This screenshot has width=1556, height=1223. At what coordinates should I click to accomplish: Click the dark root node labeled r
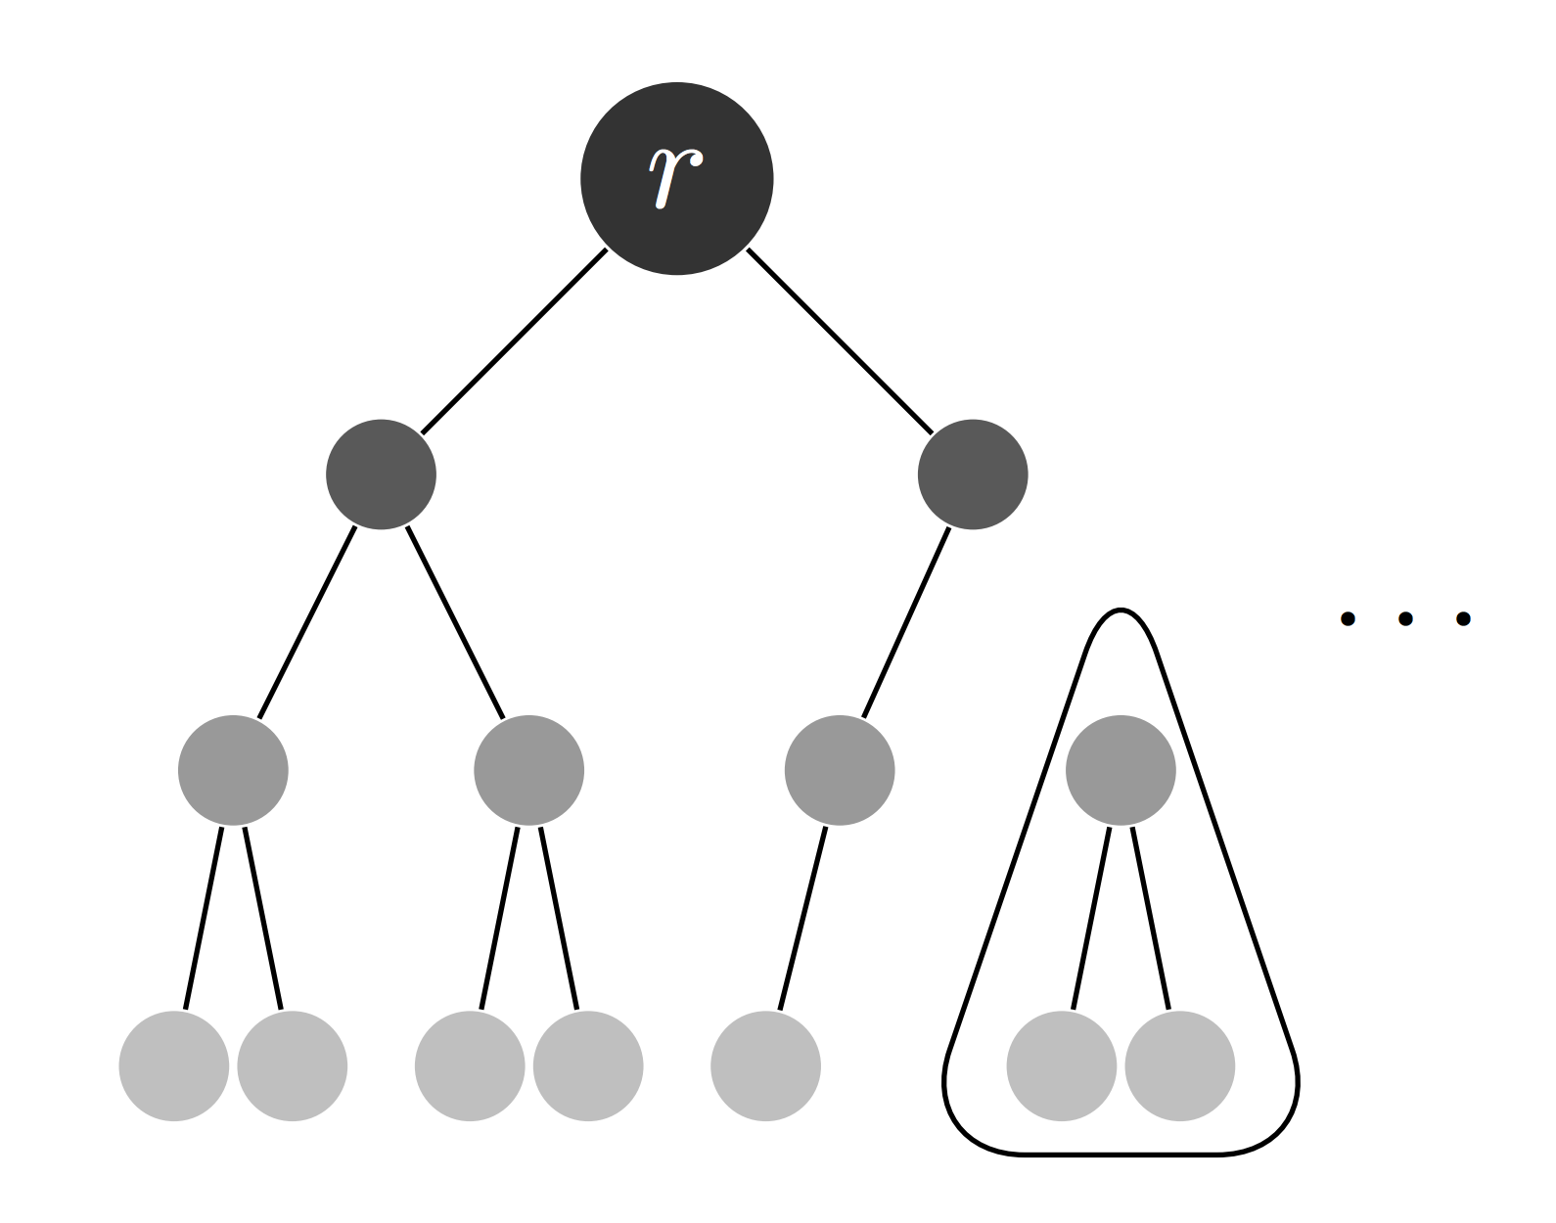677,178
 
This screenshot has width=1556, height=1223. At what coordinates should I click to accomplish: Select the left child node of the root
381,475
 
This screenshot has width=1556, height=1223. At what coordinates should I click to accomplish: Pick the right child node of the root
973,475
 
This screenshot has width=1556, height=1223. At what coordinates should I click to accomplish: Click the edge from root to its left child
514,341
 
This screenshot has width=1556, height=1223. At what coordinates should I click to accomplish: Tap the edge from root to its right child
840,341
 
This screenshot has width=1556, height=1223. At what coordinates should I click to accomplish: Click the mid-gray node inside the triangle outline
1121,771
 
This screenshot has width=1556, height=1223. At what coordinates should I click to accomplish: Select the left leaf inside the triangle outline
1062,1066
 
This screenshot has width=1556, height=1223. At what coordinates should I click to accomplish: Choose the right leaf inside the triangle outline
1180,1066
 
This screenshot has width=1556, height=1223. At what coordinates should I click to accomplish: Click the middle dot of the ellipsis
1405,618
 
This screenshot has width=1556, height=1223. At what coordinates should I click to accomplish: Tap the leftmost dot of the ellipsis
1348,618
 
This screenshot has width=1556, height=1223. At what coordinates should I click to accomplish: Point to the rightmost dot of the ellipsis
1463,618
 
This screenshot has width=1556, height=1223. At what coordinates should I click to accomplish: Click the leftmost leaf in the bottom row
173,1066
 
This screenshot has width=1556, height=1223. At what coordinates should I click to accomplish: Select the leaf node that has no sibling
765,1066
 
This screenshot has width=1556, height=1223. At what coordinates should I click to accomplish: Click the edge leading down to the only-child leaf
802,918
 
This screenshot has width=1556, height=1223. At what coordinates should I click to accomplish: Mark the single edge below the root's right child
906,622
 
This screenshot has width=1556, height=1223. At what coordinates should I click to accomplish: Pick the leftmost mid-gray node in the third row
233,771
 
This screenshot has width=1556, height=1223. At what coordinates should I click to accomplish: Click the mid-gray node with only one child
840,771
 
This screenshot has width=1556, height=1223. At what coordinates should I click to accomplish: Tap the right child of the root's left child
529,771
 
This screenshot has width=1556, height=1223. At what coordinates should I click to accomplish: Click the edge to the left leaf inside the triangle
1091,918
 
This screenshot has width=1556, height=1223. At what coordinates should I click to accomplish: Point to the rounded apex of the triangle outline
1121,611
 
